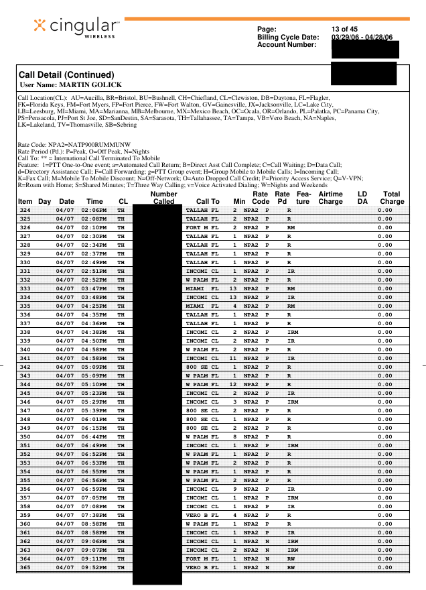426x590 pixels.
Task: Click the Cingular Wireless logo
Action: click(76, 27)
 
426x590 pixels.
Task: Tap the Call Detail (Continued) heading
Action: click(66, 74)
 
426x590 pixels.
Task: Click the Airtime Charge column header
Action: click(330, 197)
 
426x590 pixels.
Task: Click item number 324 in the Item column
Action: click(25, 210)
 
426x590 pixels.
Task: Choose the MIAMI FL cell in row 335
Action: click(202, 306)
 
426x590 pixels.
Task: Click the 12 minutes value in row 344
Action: click(234, 384)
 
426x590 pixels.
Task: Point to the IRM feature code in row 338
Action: click(293, 332)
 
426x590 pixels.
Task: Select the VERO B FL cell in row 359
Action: click(202, 515)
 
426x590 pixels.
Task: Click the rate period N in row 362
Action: click(267, 541)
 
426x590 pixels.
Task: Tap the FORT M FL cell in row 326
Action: click(202, 227)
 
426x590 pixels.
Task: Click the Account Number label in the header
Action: click(287, 44)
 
